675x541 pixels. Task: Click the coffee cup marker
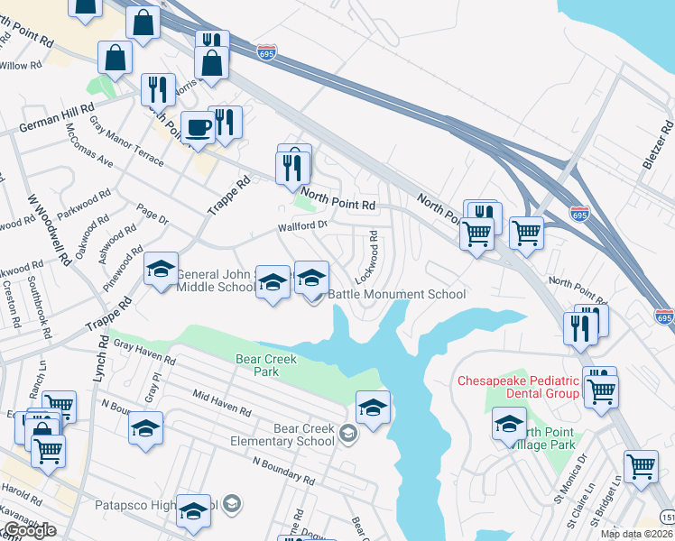click(x=198, y=127)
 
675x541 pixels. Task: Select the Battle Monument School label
click(x=397, y=294)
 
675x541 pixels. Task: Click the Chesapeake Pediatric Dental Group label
click(x=518, y=387)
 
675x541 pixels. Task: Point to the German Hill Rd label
click(x=56, y=120)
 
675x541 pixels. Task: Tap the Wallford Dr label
click(x=301, y=225)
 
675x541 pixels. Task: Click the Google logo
click(x=29, y=530)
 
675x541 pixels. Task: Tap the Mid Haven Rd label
click(x=221, y=403)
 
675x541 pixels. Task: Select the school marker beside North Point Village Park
click(x=509, y=423)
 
